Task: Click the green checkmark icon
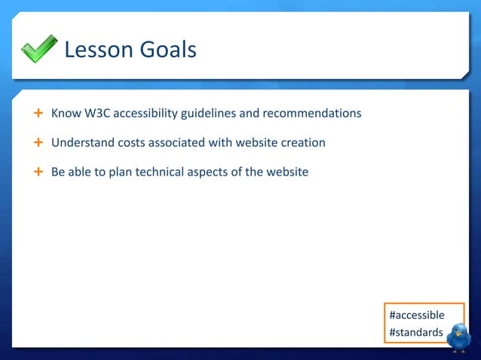click(38, 49)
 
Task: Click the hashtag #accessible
click(416, 315)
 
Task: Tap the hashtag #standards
click(416, 332)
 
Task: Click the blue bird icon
click(458, 337)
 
